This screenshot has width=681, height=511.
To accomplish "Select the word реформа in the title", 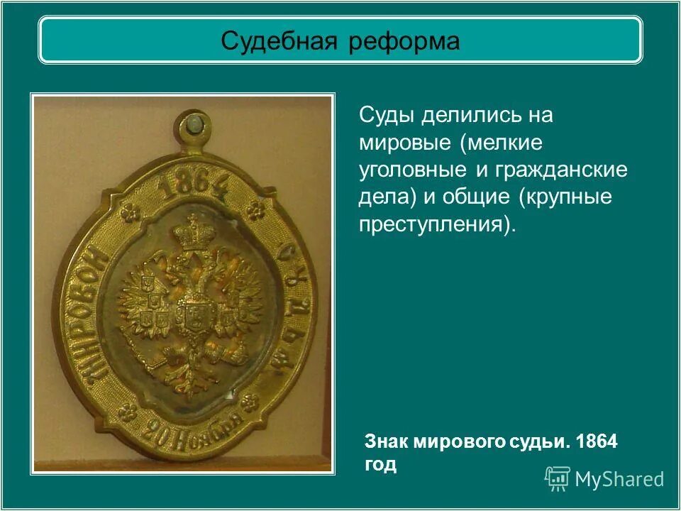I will pyautogui.click(x=404, y=41).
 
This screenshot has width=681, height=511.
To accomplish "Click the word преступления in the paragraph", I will pyautogui.click(x=432, y=225).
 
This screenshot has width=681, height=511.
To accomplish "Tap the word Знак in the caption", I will pyautogui.click(x=387, y=441).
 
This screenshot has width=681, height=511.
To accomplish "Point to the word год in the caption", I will pyautogui.click(x=380, y=465).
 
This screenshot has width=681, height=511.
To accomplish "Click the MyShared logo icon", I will pyautogui.click(x=558, y=478).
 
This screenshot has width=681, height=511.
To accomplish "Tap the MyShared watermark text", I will pyautogui.click(x=619, y=479).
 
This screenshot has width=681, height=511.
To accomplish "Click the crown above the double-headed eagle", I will pyautogui.click(x=191, y=234).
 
